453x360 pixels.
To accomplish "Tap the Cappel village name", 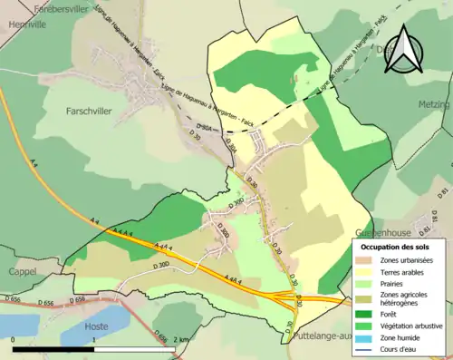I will (23, 271).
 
